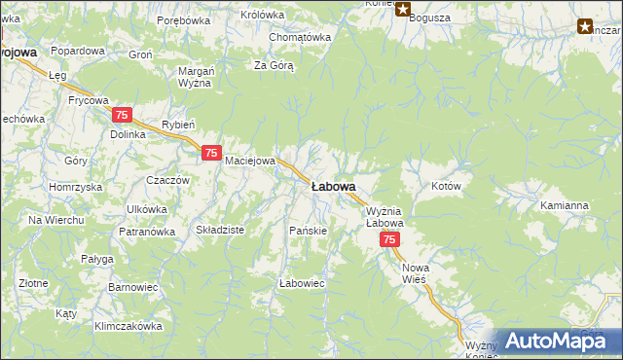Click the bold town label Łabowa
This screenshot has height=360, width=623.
[x=333, y=186]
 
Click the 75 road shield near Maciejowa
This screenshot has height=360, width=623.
[x=211, y=153]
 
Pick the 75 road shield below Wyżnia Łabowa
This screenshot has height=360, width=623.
[x=389, y=239]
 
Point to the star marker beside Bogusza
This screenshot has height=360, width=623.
[x=402, y=9]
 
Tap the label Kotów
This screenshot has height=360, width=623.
[x=445, y=185]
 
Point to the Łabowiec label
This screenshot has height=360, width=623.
[x=301, y=283]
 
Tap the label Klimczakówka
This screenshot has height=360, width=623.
[x=128, y=327]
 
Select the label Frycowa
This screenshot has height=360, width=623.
[x=88, y=99]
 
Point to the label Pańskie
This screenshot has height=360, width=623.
[x=308, y=231]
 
